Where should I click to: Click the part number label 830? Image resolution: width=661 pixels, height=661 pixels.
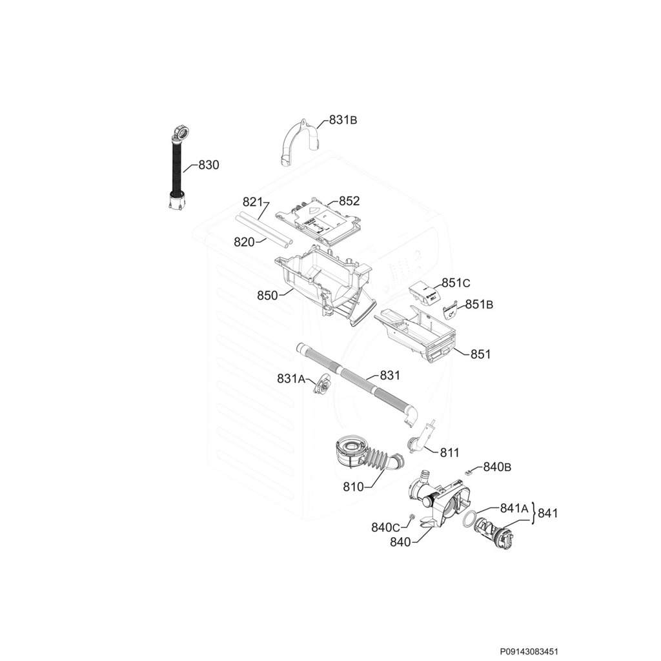point(208,165)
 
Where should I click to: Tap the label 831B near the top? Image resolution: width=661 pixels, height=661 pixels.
point(343,119)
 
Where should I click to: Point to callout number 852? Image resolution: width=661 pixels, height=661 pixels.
point(349,201)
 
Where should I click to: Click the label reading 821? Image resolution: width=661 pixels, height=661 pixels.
point(253,201)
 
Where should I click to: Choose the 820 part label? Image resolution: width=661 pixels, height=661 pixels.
point(244,241)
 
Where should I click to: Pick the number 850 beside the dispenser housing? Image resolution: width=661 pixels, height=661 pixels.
point(267,296)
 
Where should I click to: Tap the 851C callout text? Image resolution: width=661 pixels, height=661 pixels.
point(456,283)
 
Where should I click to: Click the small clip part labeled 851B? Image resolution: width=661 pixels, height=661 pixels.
point(451,310)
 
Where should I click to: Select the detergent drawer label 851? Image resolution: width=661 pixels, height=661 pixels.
point(480,354)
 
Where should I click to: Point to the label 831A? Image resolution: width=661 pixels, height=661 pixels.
point(290,379)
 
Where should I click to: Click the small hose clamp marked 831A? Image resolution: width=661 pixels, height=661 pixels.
point(322,387)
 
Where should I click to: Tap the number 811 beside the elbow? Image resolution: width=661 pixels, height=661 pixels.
point(449,453)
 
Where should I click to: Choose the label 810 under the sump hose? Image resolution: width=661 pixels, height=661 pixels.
point(353,487)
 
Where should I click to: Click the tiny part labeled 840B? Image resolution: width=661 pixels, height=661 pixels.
point(469,473)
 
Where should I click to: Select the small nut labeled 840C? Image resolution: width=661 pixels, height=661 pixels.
point(412,518)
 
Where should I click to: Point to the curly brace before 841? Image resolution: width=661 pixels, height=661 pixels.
point(533,514)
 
